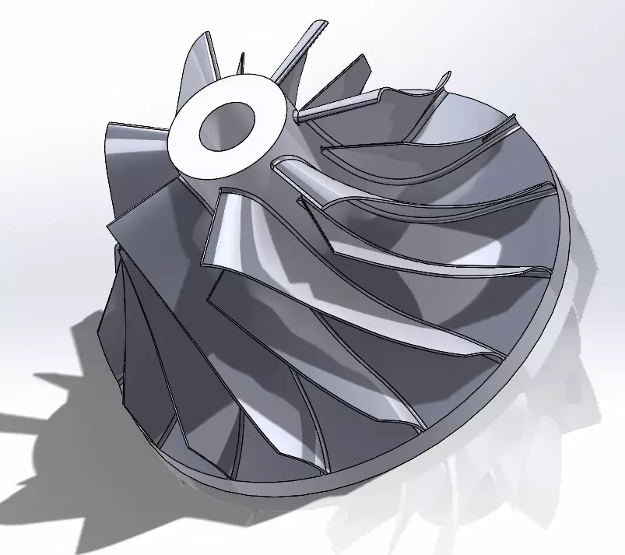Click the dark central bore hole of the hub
tap(228, 126)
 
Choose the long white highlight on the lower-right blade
tap(436, 342)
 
